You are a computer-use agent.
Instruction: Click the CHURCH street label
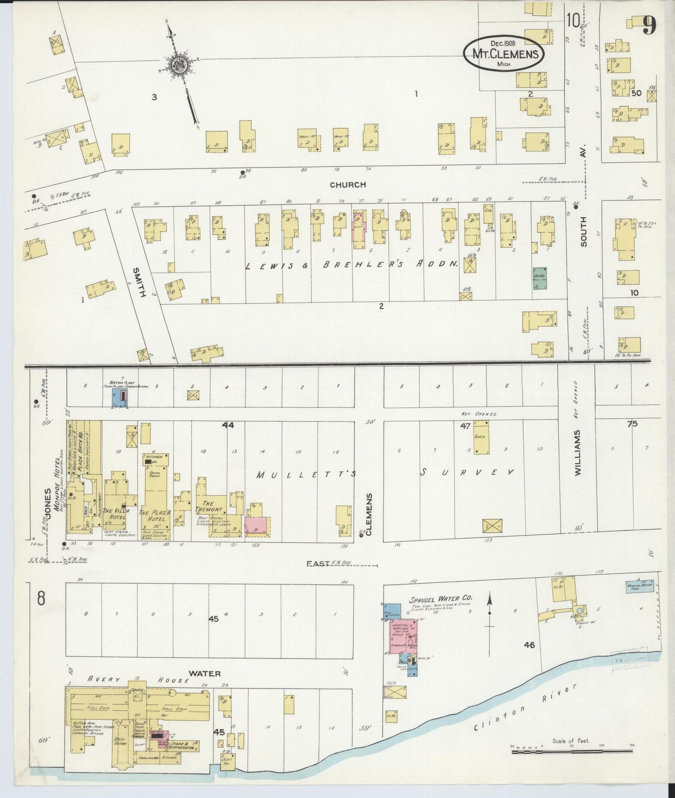pos(348,185)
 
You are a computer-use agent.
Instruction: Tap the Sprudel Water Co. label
pos(441,598)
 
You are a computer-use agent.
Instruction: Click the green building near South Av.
pos(540,278)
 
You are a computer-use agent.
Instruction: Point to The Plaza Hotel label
pos(155,516)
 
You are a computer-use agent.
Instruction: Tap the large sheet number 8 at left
pos(41,598)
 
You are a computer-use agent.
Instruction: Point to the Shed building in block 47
pos(480,437)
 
